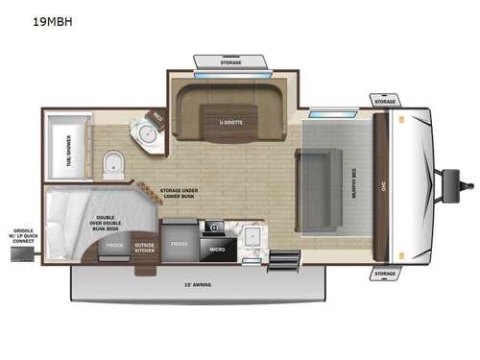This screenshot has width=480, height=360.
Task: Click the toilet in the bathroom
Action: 112,165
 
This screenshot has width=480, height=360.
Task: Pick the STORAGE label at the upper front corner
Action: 385,101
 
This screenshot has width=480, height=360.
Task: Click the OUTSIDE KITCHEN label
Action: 144,249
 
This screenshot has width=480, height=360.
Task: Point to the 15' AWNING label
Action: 197,284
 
